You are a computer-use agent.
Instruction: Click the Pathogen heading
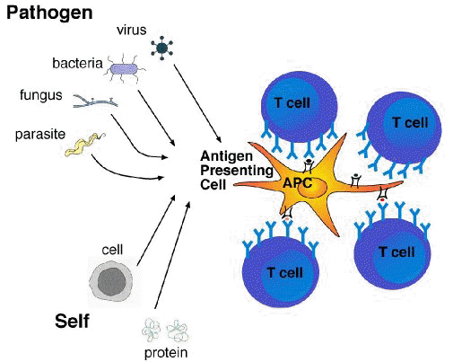pos(49,13)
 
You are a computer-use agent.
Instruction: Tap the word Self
pos(72,322)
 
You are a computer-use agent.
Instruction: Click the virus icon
pos(161,48)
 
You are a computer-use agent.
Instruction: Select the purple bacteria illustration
pos(125,69)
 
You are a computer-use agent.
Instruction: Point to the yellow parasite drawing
pos(84,145)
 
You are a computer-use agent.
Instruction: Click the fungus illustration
pos(95,102)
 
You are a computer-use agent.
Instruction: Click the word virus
pos(132,30)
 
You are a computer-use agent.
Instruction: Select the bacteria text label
pos(77,64)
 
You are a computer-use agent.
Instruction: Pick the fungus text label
pos(41,96)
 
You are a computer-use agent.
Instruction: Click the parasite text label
pos(40,135)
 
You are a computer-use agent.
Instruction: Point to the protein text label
pos(166,353)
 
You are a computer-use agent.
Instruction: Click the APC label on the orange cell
pos(297,182)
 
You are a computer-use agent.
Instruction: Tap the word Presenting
pos(237,171)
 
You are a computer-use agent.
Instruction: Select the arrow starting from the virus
pos(197,103)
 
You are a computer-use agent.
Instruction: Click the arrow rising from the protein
pos(172,255)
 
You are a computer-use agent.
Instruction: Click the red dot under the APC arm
pos(382,199)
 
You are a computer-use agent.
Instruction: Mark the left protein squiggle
pos(151,331)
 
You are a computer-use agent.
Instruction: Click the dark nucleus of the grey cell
pos(112,282)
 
